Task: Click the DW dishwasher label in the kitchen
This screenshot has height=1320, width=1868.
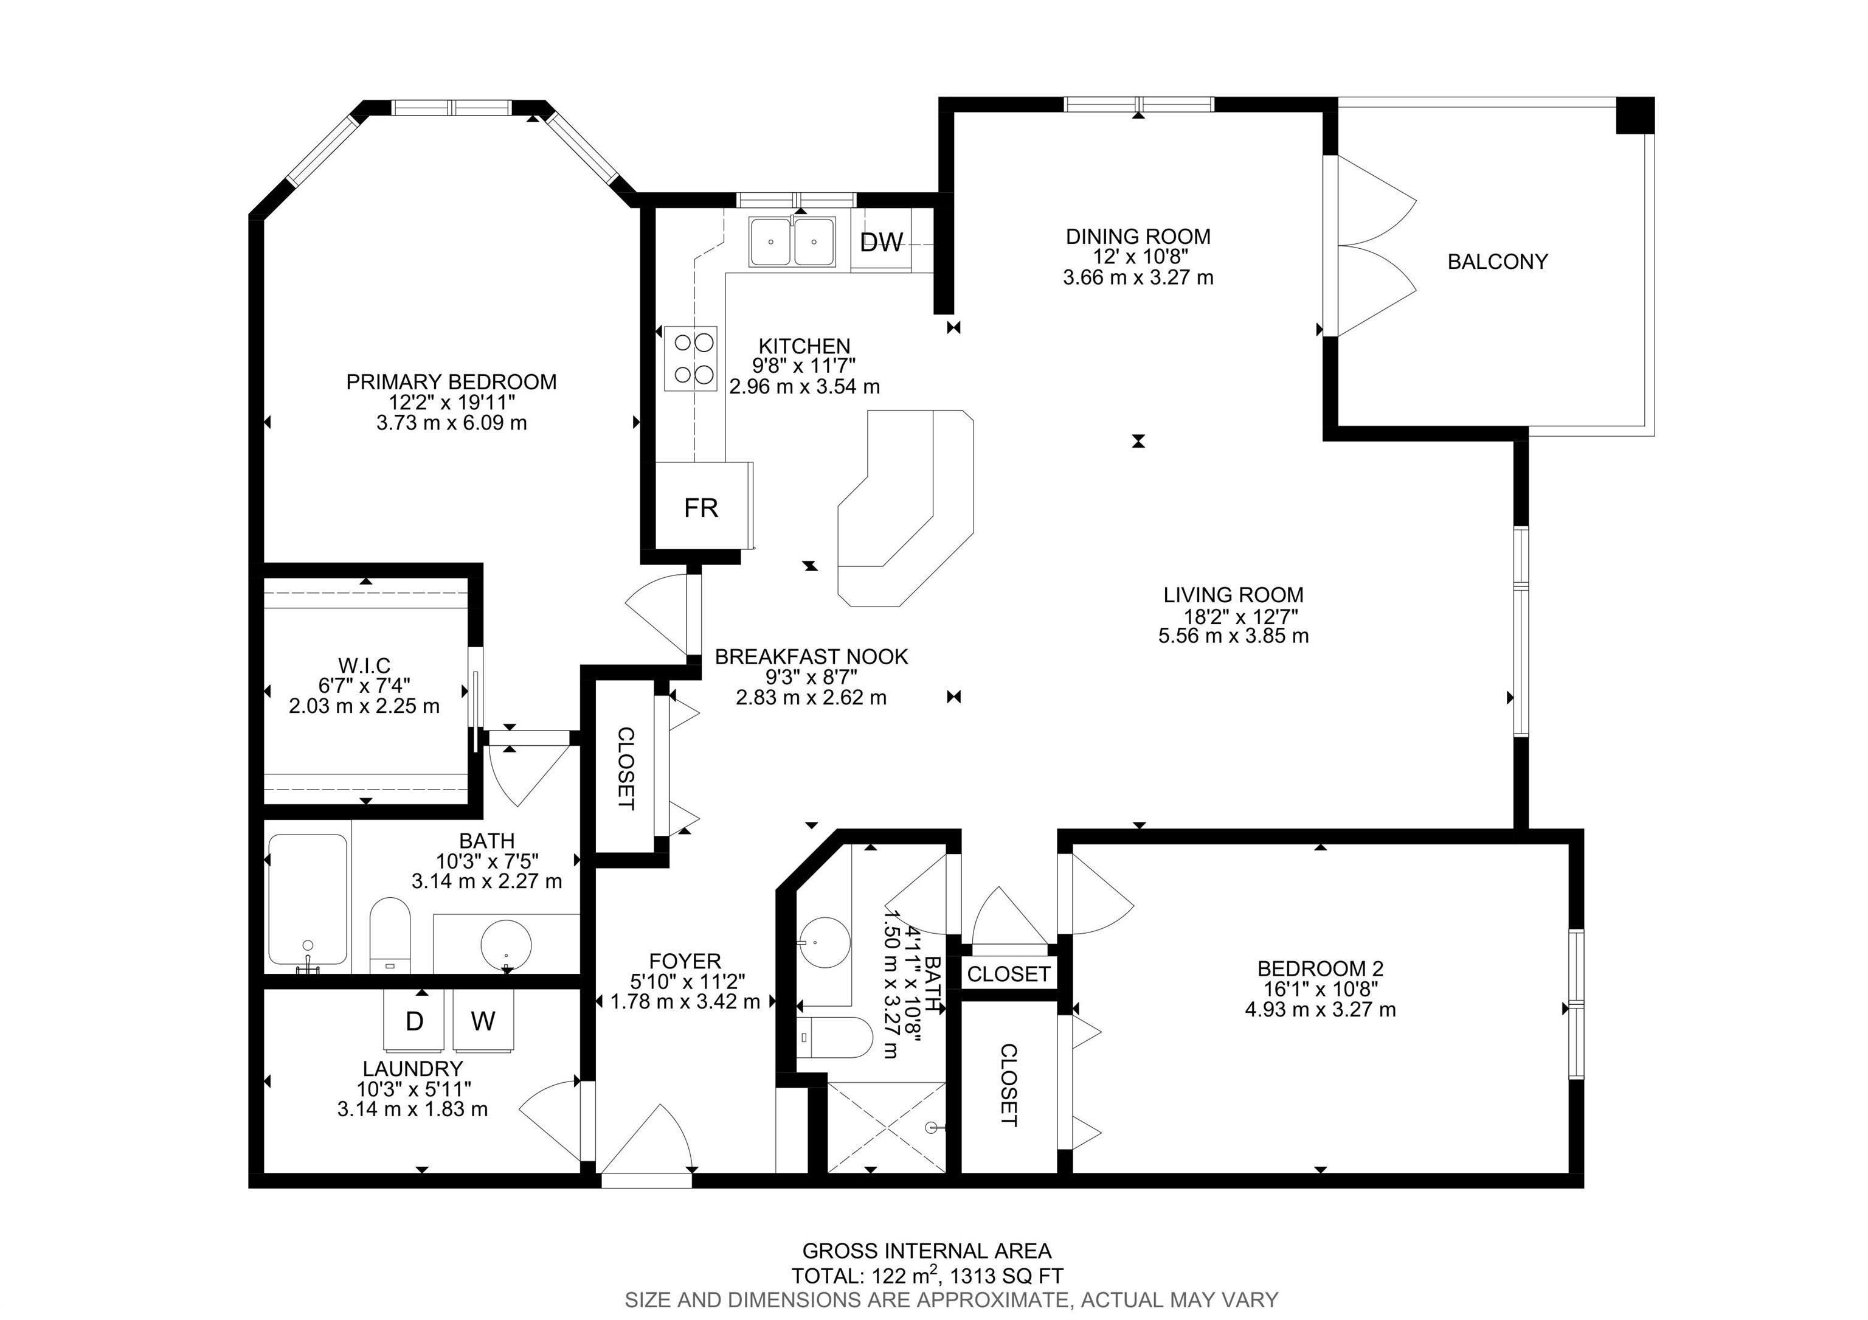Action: pyautogui.click(x=881, y=241)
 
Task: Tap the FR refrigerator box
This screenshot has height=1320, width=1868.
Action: pyautogui.click(x=704, y=506)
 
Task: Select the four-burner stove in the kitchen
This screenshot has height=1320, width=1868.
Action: pyautogui.click(x=691, y=358)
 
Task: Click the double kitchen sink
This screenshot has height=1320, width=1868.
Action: pyautogui.click(x=792, y=241)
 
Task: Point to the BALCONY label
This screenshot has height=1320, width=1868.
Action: pyautogui.click(x=1497, y=262)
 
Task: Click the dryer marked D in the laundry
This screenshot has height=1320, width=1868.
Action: pyautogui.click(x=415, y=1021)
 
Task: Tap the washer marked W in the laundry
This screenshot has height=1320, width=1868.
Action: pyautogui.click(x=483, y=1021)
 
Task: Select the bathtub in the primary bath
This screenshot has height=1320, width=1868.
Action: pyautogui.click(x=308, y=903)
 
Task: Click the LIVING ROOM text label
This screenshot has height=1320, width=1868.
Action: pyautogui.click(x=1233, y=595)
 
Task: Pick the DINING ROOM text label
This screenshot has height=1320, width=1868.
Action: pyautogui.click(x=1138, y=237)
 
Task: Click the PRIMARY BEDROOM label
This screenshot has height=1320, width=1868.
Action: pyautogui.click(x=452, y=381)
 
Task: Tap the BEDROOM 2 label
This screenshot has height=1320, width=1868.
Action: pyautogui.click(x=1321, y=968)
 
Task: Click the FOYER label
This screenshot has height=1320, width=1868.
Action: pyautogui.click(x=685, y=961)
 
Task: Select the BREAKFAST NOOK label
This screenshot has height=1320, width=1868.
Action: pyautogui.click(x=811, y=657)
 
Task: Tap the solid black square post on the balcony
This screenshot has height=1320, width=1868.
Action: pyautogui.click(x=1634, y=116)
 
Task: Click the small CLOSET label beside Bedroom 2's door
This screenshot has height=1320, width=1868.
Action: pyautogui.click(x=1009, y=973)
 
